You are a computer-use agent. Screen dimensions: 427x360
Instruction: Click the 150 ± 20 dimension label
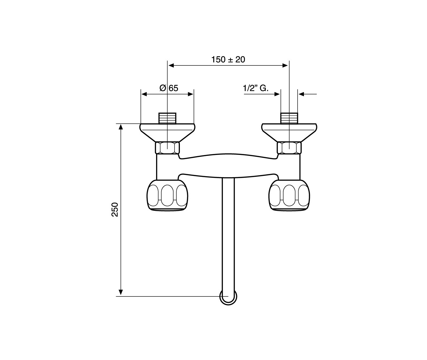point(228,60)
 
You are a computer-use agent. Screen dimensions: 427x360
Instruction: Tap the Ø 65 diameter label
point(169,88)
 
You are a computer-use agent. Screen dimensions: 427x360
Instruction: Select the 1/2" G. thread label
point(256,88)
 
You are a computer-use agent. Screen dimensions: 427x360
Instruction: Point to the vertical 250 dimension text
point(115,210)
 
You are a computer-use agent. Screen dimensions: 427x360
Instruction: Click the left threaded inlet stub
point(167,118)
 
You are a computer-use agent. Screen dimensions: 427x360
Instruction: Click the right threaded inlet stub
point(289,118)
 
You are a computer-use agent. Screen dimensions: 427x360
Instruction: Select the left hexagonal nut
point(167,148)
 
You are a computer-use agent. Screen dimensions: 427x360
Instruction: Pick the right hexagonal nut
point(289,148)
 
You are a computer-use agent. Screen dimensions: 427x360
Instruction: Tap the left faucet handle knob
point(167,195)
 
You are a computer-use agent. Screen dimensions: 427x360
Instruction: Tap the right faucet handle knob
point(289,195)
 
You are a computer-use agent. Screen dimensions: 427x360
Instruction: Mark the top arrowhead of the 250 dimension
point(121,127)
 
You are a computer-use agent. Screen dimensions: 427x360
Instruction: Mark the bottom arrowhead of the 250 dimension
point(121,293)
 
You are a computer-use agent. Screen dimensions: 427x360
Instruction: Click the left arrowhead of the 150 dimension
point(171,65)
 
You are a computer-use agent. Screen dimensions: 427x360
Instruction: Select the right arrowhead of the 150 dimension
point(285,65)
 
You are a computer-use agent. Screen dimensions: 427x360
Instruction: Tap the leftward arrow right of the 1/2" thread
point(308,94)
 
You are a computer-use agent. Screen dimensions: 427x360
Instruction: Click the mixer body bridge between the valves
point(228,166)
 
